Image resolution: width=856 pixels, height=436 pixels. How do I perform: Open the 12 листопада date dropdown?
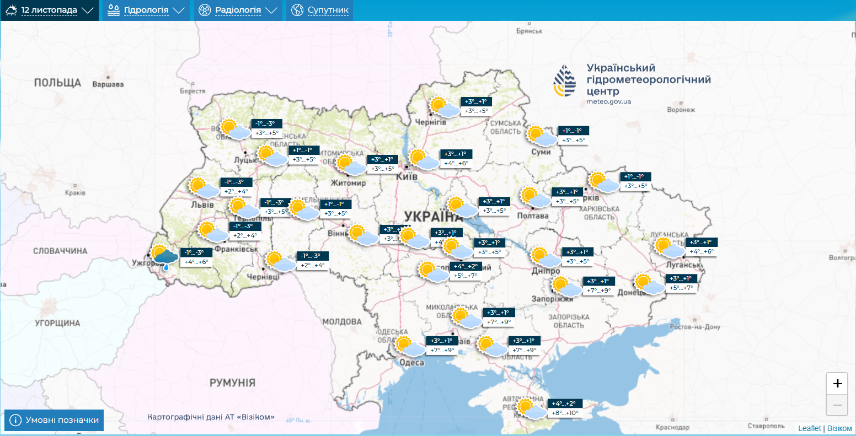50,10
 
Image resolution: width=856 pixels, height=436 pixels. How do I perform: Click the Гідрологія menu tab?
146,10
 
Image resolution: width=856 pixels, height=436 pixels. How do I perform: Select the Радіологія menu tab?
238,10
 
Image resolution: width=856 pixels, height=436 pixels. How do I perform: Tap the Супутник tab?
320,10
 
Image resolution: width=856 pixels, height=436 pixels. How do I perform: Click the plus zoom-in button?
837,384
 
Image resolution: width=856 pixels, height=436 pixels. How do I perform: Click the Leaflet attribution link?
809,428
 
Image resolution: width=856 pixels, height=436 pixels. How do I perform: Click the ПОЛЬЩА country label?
57,83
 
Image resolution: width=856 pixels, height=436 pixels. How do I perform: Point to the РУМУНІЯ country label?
232,383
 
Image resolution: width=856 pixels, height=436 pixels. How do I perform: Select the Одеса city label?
411,362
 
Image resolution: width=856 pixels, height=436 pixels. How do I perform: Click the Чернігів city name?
430,122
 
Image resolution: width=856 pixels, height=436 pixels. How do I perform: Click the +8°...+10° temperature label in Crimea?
565,413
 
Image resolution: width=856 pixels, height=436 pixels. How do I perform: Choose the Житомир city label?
348,183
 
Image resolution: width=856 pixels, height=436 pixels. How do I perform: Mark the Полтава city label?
533,216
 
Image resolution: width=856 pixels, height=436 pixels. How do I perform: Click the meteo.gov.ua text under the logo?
609,102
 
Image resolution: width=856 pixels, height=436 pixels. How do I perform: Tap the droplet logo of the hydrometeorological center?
564,81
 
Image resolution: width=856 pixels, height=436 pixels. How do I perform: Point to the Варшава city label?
108,85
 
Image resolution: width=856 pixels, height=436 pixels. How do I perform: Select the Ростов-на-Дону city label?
694,327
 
